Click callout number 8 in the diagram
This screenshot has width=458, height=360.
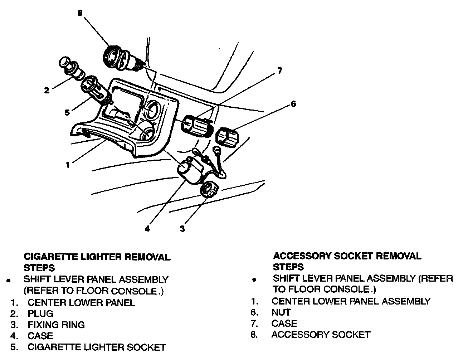point(80,13)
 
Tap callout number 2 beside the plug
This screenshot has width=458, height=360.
point(47,90)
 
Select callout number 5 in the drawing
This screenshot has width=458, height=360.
point(67,112)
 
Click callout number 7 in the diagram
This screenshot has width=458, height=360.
point(280,71)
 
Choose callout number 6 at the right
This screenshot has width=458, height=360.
point(293,104)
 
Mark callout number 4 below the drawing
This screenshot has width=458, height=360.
point(147,229)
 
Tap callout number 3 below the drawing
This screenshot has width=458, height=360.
point(182,229)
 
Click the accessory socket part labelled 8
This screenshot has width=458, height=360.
point(122,57)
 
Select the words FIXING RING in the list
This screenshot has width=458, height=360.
point(56,325)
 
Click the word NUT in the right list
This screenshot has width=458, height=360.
point(281,312)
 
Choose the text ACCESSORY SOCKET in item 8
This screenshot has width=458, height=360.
point(321,335)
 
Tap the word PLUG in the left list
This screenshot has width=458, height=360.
point(40,314)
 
